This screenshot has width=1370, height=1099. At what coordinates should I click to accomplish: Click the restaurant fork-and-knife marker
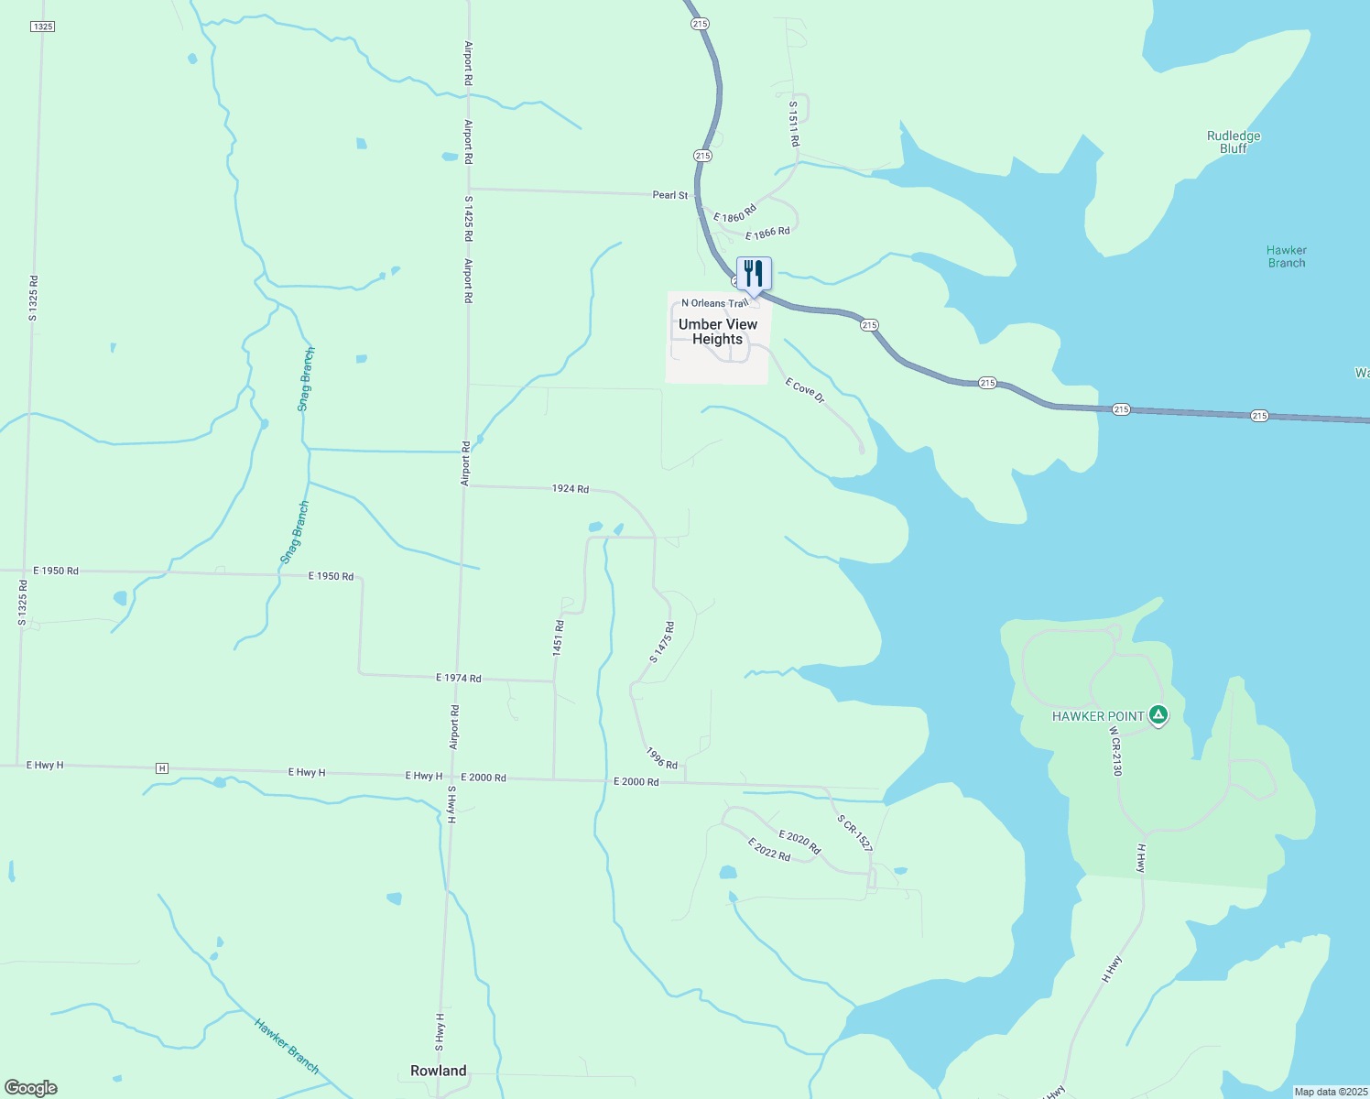point(754,273)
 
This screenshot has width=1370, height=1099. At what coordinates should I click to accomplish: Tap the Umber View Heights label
point(718,332)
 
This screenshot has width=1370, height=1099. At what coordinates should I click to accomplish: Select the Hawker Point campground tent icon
point(1158,715)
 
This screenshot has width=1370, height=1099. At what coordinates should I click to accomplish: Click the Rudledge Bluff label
point(1234,142)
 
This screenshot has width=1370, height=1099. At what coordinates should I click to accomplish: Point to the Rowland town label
point(438,1071)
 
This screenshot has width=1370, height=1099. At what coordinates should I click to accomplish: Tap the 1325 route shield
point(43,27)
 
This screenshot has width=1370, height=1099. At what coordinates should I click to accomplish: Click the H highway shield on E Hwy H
point(162,767)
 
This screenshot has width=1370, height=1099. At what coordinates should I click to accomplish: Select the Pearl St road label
point(669,195)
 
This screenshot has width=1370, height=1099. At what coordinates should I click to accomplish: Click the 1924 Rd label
point(570,489)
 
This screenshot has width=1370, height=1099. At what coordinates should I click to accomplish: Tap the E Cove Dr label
point(805,391)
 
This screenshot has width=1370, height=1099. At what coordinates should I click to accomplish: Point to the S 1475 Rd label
point(662,642)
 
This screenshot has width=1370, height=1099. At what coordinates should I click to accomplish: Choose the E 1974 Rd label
point(458,679)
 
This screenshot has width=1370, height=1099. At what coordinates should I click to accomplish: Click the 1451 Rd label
point(559,637)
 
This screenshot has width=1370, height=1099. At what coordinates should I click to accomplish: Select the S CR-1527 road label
point(854,832)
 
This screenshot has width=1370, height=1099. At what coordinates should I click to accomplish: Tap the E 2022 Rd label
point(768,849)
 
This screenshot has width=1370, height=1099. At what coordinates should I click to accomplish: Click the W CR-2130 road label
point(1115,752)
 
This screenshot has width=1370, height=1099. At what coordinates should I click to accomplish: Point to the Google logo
point(31,1088)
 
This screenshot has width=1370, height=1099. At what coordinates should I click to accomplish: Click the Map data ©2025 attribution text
point(1329,1092)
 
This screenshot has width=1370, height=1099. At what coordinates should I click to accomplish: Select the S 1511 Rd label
point(794,124)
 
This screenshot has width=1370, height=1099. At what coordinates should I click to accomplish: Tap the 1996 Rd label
point(661,758)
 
